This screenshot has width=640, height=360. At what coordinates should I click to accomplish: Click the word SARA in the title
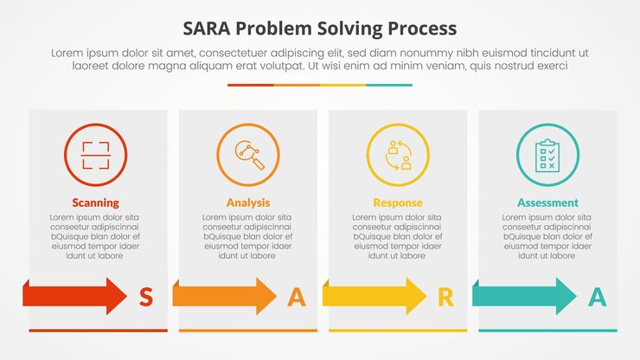[x=208, y=28]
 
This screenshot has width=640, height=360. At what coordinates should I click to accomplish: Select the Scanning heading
[x=95, y=202]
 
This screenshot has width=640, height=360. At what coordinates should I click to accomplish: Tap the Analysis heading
[x=248, y=202]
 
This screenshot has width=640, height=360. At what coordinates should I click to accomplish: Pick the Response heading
[x=398, y=202]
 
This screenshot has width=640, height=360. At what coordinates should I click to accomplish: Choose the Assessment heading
[x=547, y=202]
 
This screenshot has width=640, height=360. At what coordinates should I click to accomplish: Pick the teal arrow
[x=525, y=296]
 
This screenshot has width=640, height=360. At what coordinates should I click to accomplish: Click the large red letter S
[x=146, y=298]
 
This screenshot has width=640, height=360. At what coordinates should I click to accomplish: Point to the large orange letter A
[x=297, y=298]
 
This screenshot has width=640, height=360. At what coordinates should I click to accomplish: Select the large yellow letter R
[x=445, y=298]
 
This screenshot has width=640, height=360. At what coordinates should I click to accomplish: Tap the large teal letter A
[x=597, y=298]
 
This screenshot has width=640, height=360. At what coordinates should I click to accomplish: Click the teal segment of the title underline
[x=389, y=85]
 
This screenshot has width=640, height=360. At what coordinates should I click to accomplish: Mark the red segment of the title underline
[x=251, y=85]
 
